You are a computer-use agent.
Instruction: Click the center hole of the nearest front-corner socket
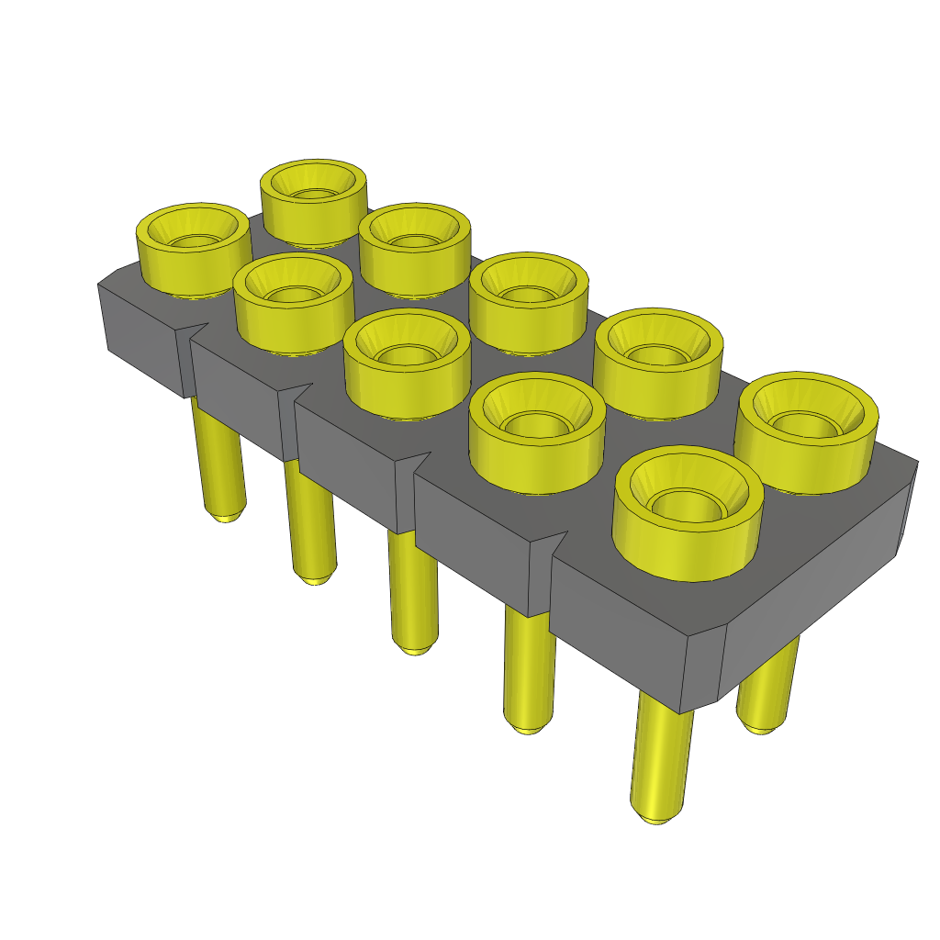point(688,506)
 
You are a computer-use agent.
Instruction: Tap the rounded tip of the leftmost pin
point(223,516)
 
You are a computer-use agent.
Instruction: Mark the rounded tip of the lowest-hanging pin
point(655,816)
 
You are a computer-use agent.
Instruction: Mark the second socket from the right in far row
point(657,352)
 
